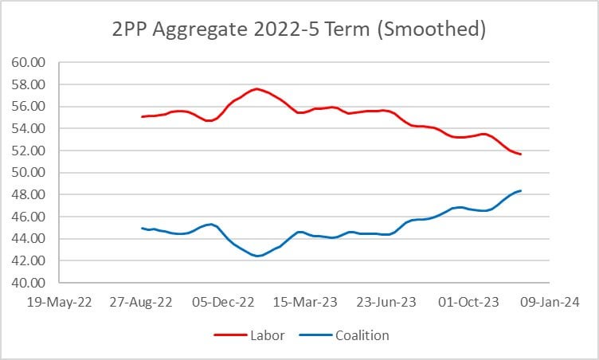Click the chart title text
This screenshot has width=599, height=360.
pos(299,31)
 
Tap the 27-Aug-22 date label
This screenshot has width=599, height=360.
pos(144,302)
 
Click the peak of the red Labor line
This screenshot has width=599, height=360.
pos(256,89)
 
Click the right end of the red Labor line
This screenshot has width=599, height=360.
pos(520,154)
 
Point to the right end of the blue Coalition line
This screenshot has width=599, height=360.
pos(520,190)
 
